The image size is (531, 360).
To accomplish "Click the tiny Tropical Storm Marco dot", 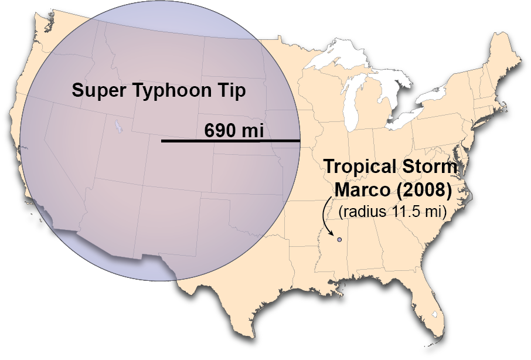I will pos(339,240).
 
